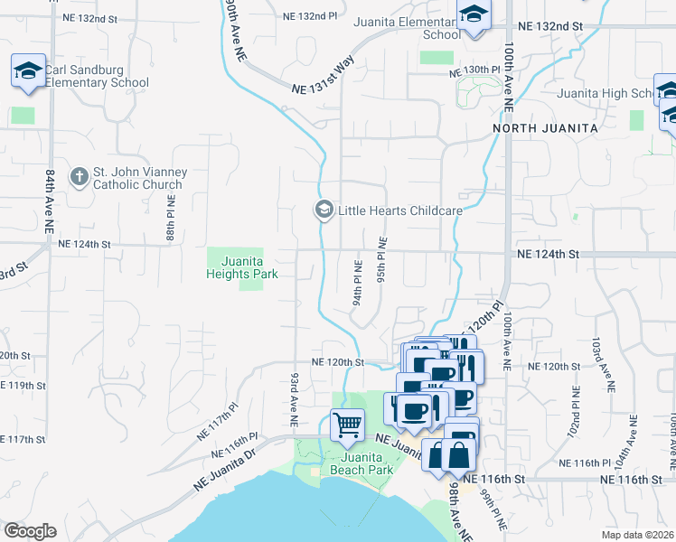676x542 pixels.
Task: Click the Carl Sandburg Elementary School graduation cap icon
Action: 28,70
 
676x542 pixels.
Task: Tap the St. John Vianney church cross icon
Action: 79,178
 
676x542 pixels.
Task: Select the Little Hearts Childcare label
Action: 399,210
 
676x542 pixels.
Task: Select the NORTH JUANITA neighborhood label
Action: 546,129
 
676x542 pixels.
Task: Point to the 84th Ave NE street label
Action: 50,202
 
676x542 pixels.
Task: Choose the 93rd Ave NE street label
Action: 294,397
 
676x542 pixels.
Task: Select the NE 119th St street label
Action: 23,385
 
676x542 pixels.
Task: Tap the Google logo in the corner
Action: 30,531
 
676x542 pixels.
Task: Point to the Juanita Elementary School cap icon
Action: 473,15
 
